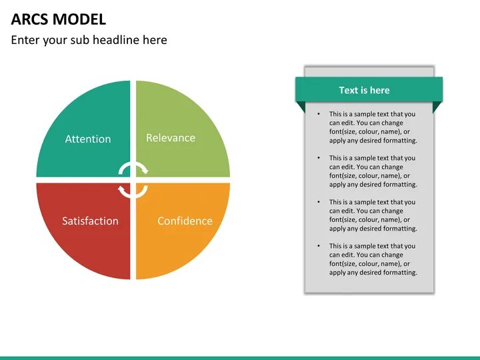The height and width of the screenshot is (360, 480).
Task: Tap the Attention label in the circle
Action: point(88,139)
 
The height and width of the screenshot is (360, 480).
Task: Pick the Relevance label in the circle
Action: point(171,138)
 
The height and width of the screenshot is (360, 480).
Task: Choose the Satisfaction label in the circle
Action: point(90,221)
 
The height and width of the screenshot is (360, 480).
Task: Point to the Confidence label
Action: point(185,221)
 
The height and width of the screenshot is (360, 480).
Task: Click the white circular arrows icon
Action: point(133,180)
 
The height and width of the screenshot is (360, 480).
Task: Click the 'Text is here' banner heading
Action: point(364,90)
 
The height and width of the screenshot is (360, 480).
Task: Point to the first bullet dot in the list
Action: point(319,114)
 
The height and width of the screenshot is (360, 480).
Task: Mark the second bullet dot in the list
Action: point(319,158)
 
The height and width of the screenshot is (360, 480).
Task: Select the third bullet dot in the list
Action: point(319,202)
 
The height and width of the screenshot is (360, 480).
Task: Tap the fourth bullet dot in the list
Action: point(319,246)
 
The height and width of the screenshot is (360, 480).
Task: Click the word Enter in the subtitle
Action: point(25,40)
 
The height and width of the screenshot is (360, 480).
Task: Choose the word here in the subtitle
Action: point(155,40)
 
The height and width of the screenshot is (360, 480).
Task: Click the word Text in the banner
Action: point(349,90)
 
